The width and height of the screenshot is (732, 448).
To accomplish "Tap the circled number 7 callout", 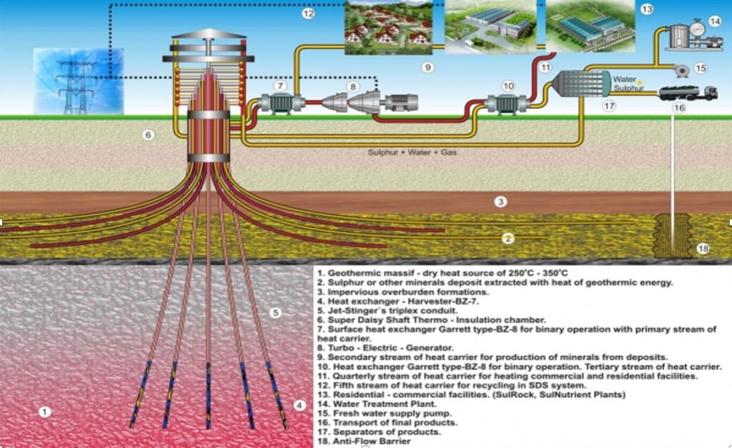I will point(281,86).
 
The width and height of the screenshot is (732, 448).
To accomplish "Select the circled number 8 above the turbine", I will point(352,86).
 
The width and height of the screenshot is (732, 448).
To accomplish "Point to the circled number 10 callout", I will point(508,86).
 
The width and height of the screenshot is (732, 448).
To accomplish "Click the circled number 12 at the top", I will point(308,14).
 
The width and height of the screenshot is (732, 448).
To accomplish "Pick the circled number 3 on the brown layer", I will point(501,202).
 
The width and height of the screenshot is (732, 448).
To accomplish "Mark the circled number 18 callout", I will point(703,249).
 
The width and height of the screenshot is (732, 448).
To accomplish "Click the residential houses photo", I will point(389,26).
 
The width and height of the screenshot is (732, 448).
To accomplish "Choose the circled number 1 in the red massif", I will point(45,412).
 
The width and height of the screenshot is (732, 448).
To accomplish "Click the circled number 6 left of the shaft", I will point(148,134).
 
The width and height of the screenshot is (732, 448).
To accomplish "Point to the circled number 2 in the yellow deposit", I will point(508,239).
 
